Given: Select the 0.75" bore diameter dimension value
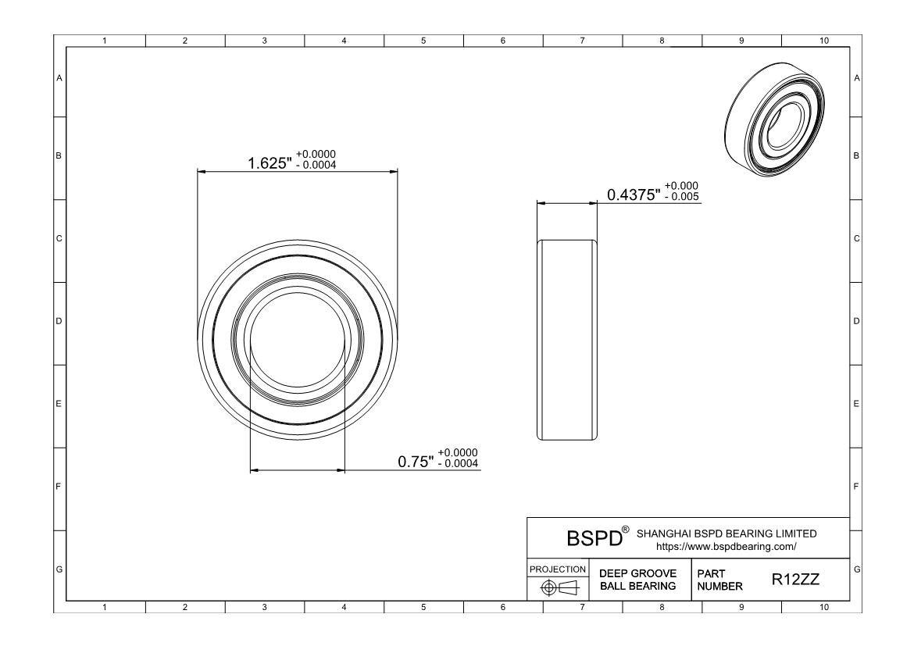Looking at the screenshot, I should click(x=416, y=462).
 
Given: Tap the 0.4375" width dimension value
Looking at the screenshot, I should click(x=634, y=195).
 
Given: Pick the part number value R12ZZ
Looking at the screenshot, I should click(x=796, y=580).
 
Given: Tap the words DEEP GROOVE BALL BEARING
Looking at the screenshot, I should click(x=637, y=580).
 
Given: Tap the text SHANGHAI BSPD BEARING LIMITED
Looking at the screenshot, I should click(x=727, y=534).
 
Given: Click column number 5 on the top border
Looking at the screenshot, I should click(x=423, y=41).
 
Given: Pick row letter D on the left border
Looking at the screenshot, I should click(x=59, y=321).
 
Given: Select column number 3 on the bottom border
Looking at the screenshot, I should click(x=264, y=606).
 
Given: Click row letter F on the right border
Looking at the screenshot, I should click(x=857, y=487).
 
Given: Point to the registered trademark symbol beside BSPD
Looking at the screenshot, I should click(x=623, y=531).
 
